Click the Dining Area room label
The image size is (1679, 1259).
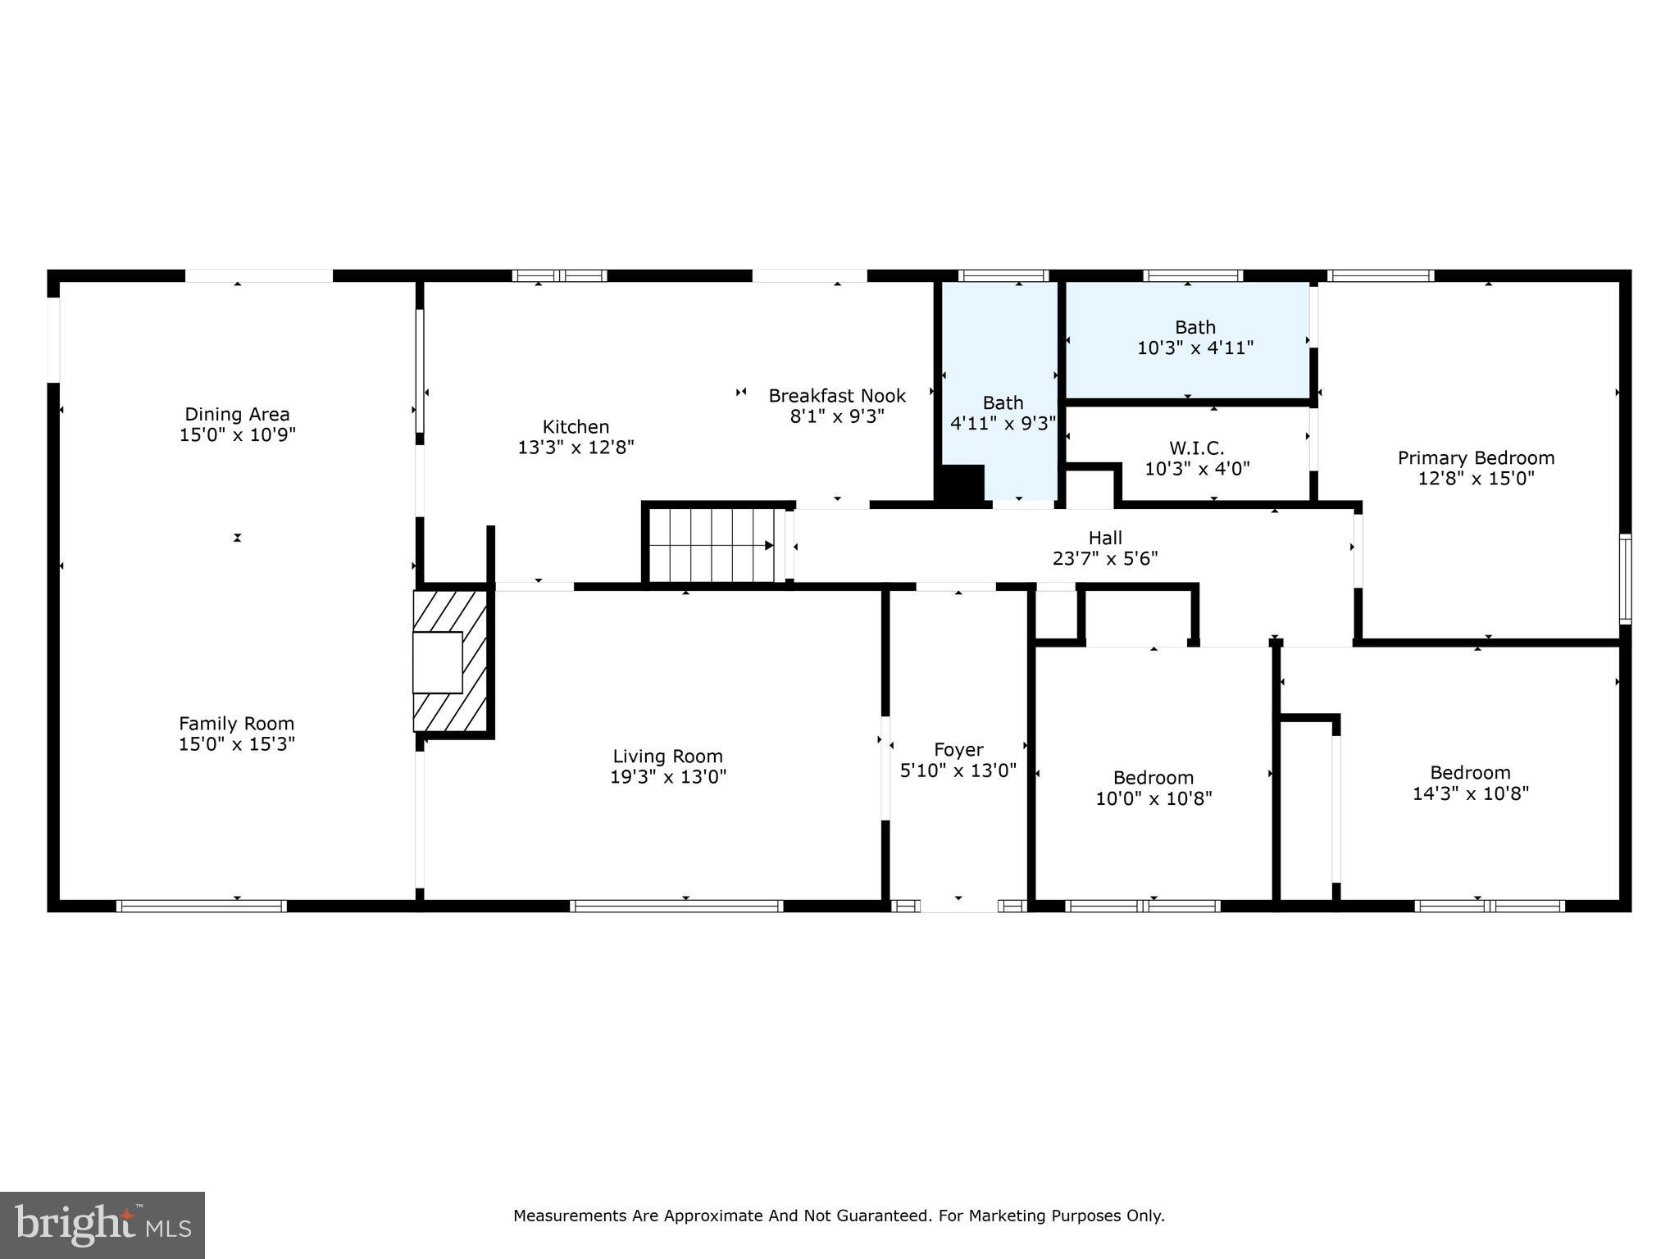[x=237, y=414]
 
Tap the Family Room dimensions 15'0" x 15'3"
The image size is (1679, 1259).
[x=237, y=744]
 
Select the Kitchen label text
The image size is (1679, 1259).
[x=576, y=426]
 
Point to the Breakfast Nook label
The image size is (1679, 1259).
[x=837, y=396]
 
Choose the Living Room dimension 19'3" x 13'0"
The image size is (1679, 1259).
[x=668, y=777]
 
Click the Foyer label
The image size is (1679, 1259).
[x=958, y=749]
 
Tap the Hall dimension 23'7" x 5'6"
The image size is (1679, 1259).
[x=1105, y=559]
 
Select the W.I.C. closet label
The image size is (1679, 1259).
[x=1196, y=448]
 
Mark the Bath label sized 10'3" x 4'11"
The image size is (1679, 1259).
[x=1194, y=327]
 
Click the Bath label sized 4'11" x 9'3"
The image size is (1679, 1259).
[x=1003, y=402]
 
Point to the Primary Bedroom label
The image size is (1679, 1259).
[x=1476, y=457]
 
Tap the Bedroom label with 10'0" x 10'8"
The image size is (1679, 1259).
[x=1153, y=777]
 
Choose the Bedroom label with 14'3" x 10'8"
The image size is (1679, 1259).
[x=1470, y=772]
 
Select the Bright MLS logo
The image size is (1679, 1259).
[x=102, y=1225]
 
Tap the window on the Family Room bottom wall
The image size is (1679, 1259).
[x=201, y=906]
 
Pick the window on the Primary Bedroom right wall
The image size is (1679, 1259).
[x=1624, y=579]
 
